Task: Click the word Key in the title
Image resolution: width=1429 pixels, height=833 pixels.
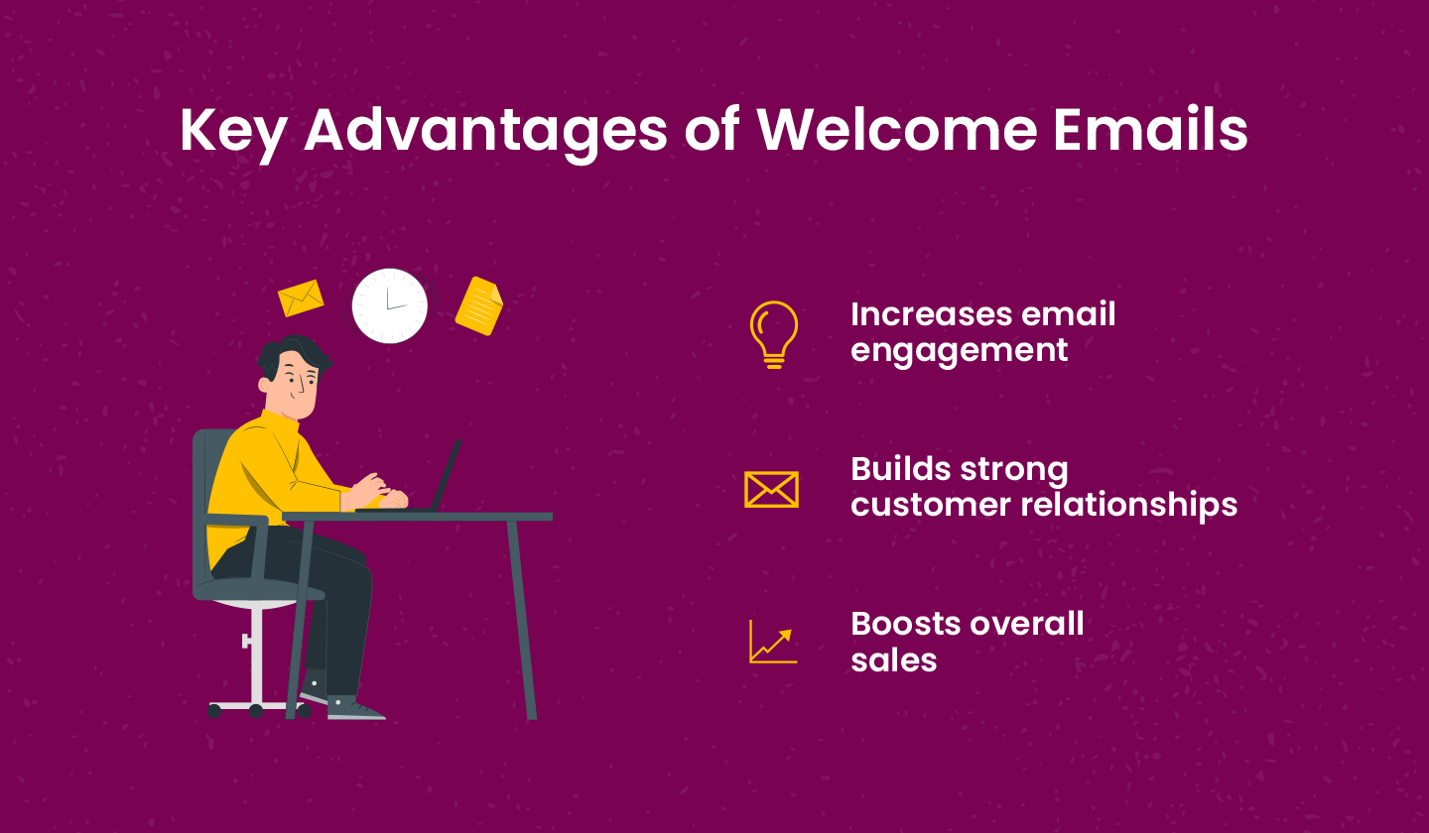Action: [233, 130]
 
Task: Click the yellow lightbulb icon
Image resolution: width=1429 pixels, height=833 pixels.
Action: [773, 334]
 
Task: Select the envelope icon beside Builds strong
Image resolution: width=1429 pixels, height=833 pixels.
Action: [771, 489]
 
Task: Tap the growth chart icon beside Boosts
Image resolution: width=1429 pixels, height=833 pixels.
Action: [772, 642]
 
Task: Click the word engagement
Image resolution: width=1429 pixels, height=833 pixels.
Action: [959, 350]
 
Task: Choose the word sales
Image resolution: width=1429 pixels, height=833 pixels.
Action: [893, 659]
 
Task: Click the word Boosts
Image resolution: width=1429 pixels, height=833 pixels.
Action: [905, 624]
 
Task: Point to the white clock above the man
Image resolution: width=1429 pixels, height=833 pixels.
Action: [390, 305]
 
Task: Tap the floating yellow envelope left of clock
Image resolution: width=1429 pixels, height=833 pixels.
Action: [301, 297]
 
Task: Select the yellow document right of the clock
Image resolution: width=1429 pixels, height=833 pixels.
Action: [479, 305]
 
